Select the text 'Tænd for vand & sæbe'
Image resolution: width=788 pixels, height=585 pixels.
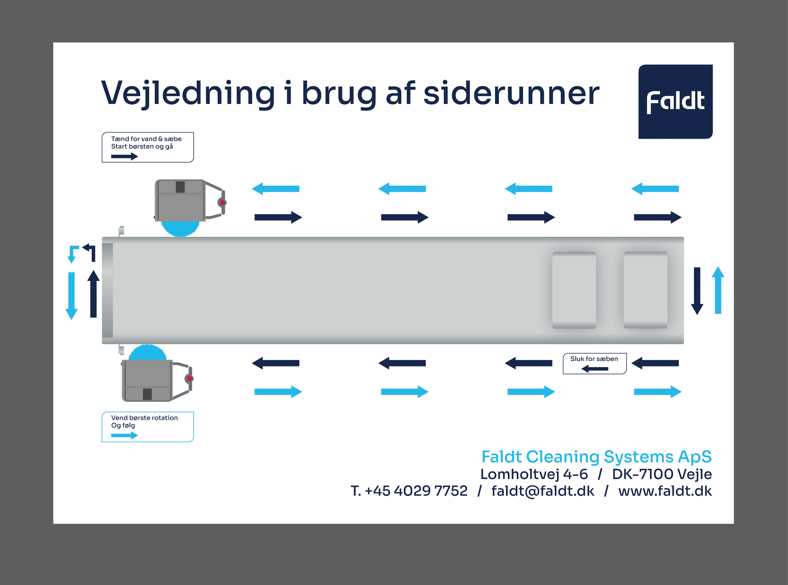tap(146, 139)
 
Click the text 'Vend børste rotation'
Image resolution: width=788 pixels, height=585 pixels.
tap(144, 418)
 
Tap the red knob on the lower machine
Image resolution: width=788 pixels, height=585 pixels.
tap(190, 379)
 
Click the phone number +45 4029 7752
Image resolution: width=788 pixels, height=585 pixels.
tap(416, 491)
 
